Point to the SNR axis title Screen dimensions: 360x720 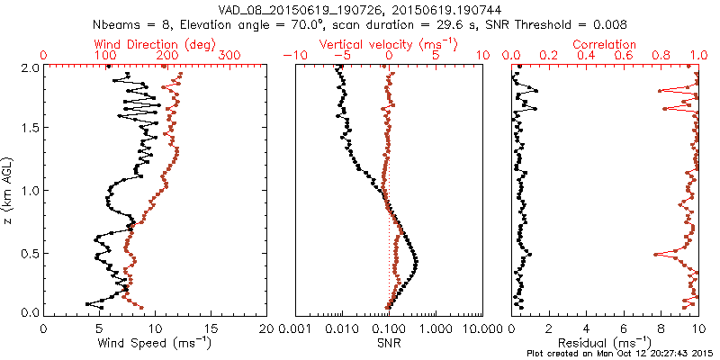click(x=389, y=342)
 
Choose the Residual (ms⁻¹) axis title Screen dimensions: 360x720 click(x=605, y=342)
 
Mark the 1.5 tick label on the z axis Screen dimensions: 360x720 click(x=31, y=129)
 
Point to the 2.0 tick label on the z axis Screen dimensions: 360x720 click(x=31, y=67)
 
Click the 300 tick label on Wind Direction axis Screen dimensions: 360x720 click(x=230, y=57)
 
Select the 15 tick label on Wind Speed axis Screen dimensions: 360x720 click(x=211, y=328)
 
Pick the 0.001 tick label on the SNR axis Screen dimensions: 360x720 click(x=296, y=328)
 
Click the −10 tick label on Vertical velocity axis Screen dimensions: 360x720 click(x=293, y=57)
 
